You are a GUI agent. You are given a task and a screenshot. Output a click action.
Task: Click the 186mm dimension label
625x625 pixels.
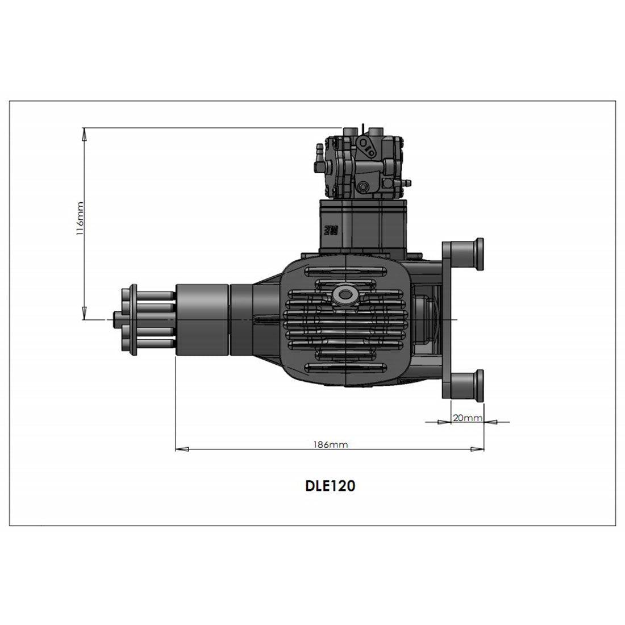330,444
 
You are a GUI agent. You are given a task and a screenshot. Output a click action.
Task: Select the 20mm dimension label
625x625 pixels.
467,418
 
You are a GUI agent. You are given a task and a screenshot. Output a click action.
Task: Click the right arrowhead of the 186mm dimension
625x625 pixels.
478,449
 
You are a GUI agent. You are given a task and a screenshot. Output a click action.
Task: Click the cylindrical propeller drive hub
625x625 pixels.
202,319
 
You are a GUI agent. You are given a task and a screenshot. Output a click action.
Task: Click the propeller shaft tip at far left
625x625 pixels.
116,316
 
